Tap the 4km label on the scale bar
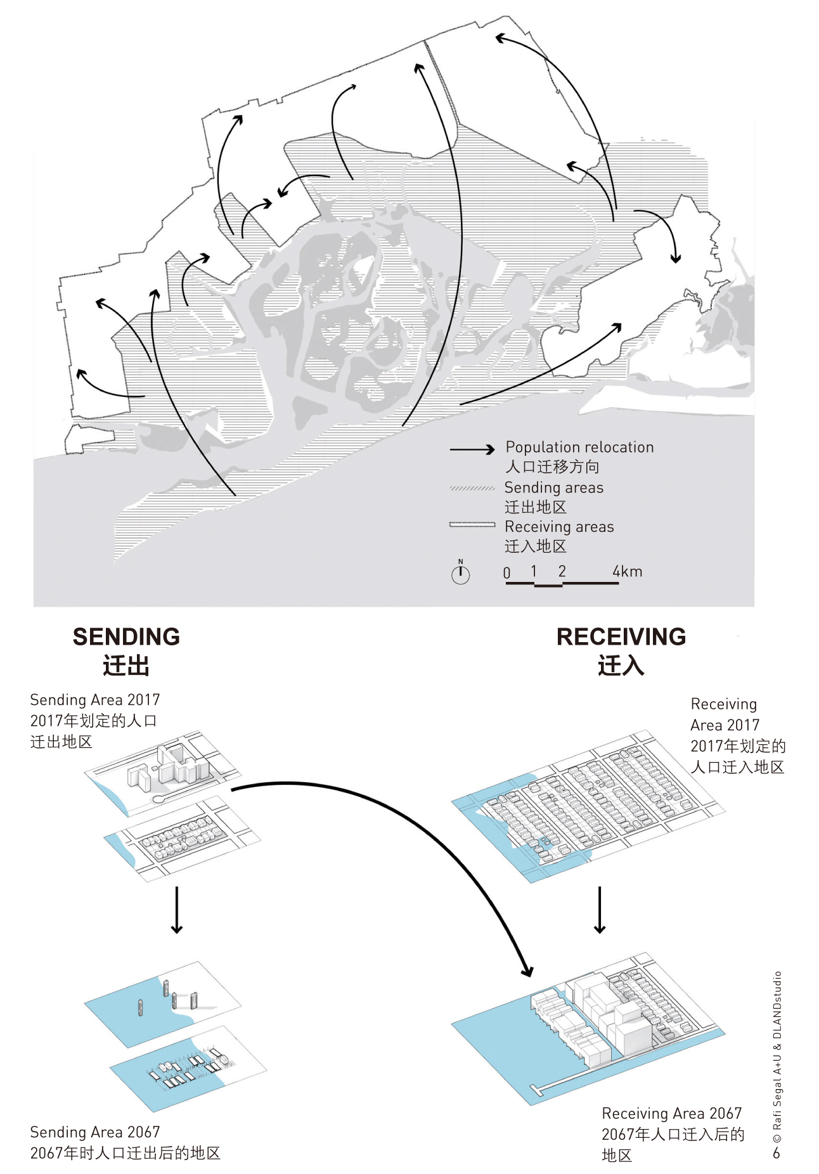click(627, 571)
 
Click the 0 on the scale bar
click(506, 572)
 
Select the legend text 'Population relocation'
click(579, 447)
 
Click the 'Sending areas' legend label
click(553, 487)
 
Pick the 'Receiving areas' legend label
click(559, 527)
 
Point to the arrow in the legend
click(472, 449)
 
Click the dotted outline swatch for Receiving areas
click(472, 525)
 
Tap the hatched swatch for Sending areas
click(472, 488)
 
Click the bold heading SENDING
click(126, 636)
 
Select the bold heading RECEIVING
click(621, 636)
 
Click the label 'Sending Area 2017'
click(95, 700)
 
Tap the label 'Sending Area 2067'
click(95, 1132)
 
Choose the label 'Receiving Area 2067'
click(672, 1114)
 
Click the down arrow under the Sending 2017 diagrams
click(177, 910)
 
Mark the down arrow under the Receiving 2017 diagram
click(600, 910)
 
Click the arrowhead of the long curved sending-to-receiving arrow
click(526, 970)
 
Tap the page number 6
click(777, 1154)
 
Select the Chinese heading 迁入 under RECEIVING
click(621, 666)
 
